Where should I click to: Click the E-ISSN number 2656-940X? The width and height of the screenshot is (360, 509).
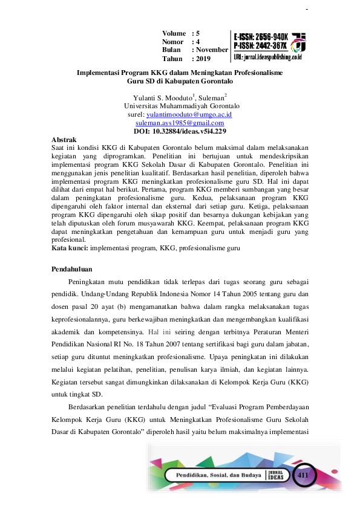click(270, 36)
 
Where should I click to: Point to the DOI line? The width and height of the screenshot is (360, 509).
click(180, 131)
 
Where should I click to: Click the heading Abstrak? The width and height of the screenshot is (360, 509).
click(65, 139)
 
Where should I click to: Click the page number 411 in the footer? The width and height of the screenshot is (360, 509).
click(303, 476)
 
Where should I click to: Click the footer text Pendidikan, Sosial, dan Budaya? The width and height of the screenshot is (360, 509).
click(217, 476)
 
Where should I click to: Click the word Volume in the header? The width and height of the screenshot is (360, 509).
click(174, 33)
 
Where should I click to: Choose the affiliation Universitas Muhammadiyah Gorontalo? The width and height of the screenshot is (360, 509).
click(180, 105)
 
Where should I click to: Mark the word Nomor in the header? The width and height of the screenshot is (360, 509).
click(174, 42)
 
